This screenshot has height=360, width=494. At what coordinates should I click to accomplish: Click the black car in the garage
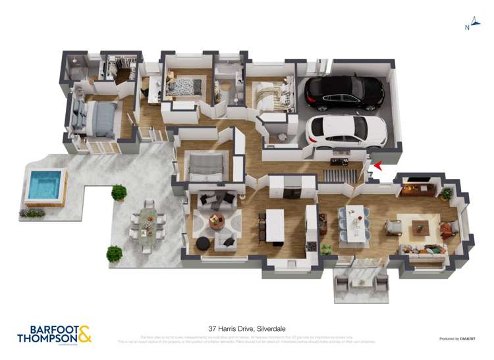click(344, 93)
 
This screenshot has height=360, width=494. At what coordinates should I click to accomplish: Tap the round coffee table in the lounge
click(217, 222)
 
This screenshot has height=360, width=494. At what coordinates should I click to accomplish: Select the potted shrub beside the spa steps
click(119, 192)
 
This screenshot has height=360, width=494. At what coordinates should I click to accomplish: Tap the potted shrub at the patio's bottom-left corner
click(115, 253)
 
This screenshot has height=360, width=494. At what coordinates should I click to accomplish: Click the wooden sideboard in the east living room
click(418, 189)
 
